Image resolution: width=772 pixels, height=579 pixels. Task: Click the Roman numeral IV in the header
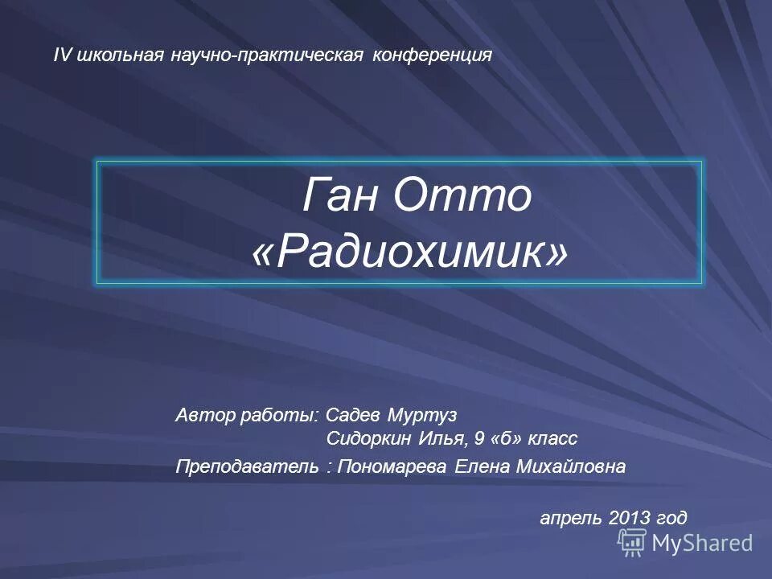coord(60,55)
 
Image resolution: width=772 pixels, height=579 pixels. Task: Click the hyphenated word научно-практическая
coord(269,55)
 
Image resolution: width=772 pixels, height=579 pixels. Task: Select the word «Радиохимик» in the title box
coord(409,253)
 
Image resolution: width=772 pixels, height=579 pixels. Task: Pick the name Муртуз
coord(422,415)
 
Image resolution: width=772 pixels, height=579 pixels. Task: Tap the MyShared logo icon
coord(632,543)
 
